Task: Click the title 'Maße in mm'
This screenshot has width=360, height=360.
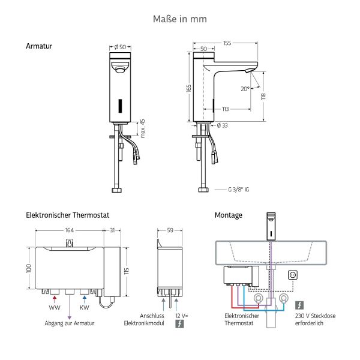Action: [x=180, y=19]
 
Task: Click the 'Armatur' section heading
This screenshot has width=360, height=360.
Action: [x=39, y=46]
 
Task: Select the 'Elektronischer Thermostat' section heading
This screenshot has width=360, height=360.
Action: [x=67, y=214]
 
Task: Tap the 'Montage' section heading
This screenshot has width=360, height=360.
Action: [x=229, y=215]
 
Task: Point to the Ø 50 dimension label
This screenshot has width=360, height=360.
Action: [x=120, y=46]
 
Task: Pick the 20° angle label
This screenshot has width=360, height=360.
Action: [x=245, y=89]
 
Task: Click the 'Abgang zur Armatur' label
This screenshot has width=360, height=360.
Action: [x=69, y=323]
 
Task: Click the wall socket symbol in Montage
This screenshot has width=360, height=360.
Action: [x=294, y=275]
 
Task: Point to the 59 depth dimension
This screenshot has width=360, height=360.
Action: [x=170, y=230]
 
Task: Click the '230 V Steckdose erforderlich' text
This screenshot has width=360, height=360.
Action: [x=314, y=319]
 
